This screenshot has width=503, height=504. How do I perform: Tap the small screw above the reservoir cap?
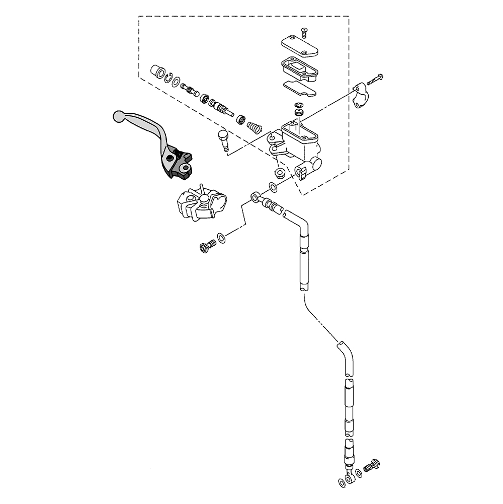[x=304, y=33]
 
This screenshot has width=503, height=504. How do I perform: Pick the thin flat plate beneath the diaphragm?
[x=300, y=89]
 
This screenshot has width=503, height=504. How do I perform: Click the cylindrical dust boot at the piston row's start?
[x=158, y=72]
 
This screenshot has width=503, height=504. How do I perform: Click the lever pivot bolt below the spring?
[x=223, y=139]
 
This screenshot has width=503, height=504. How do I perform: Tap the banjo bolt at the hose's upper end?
[x=207, y=247]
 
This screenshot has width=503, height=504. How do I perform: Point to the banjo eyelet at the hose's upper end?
[x=257, y=196]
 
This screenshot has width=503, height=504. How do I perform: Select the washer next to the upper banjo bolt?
[x=221, y=237]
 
